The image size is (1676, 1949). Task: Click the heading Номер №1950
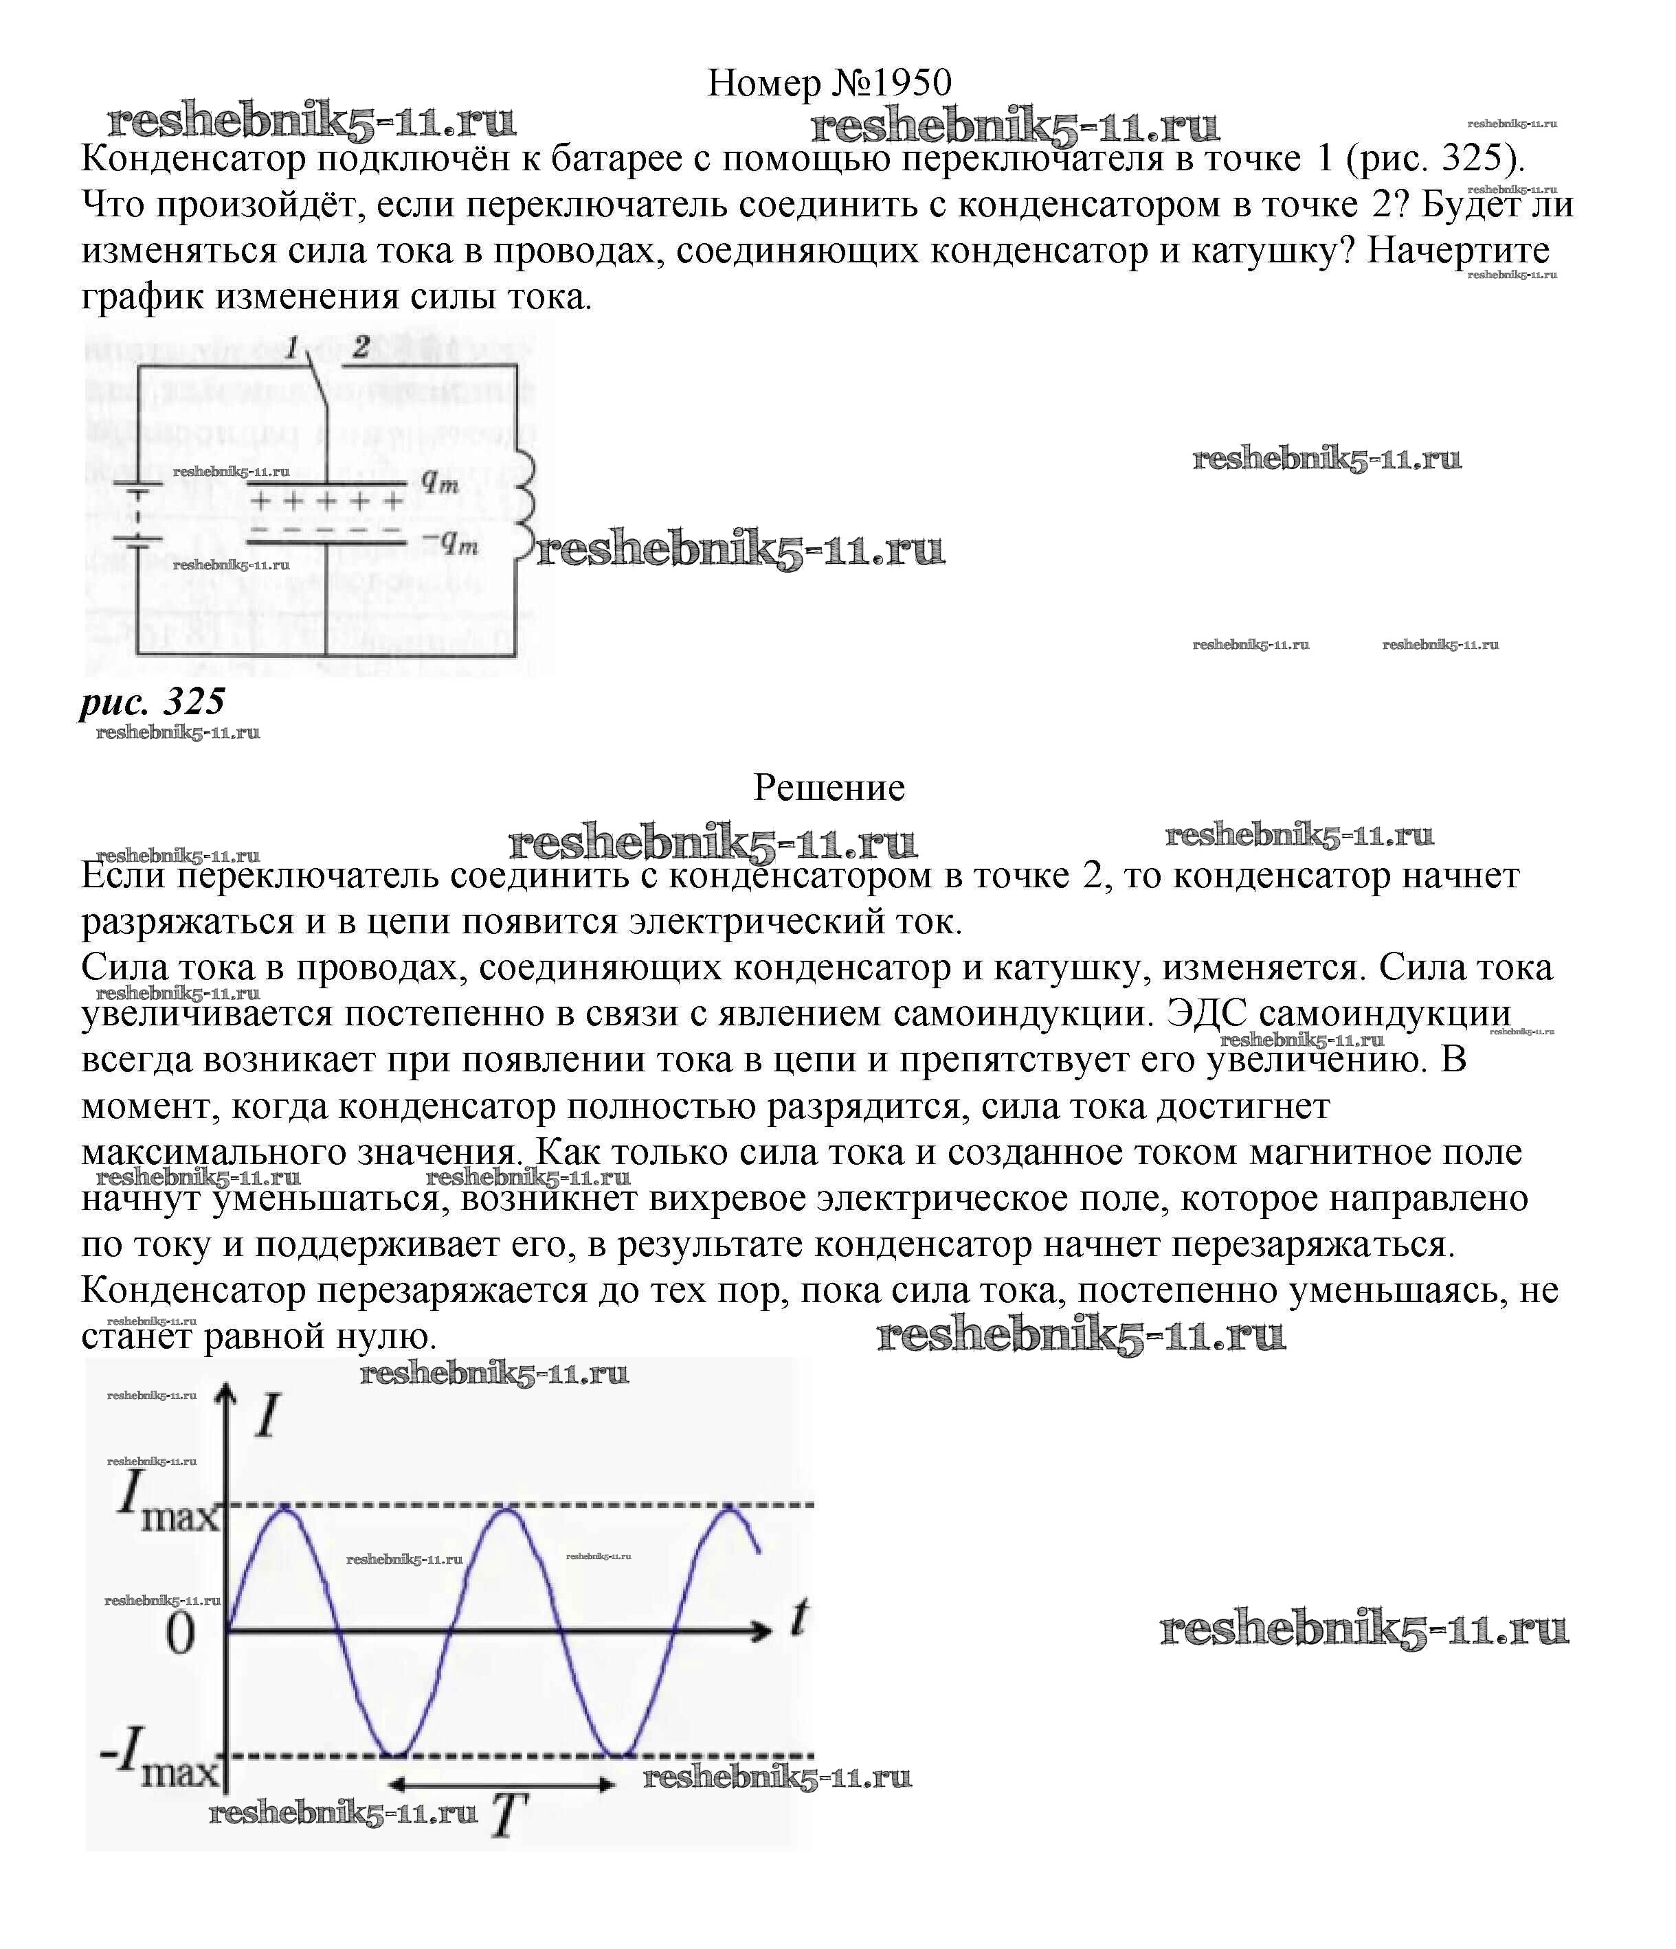pos(829,83)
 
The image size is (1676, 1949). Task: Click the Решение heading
pos(829,786)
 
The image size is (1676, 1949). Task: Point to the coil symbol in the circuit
pos(523,508)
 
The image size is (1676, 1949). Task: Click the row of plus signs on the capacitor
pos(326,501)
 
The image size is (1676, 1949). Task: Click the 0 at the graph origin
pos(180,1634)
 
